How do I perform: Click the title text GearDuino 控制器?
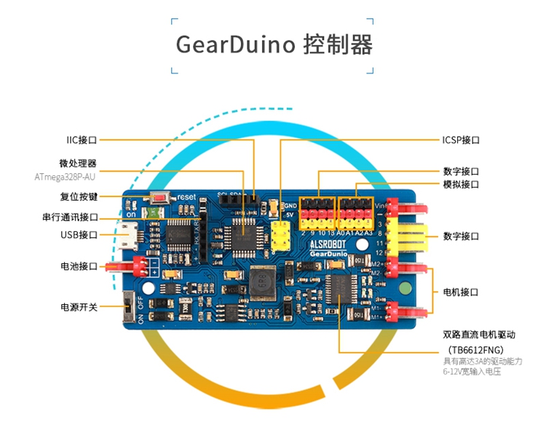pos(274,44)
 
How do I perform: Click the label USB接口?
pos(79,235)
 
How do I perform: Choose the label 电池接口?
pos(79,266)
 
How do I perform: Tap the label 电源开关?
pos(79,306)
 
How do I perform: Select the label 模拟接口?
pos(461,184)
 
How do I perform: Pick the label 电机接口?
pos(461,292)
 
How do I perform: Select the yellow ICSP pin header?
pos(280,234)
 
